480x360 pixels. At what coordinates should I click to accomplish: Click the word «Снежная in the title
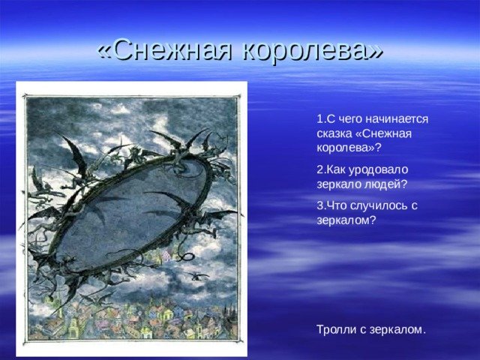click(x=165, y=50)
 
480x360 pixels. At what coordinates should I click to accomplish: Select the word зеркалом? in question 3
click(x=346, y=220)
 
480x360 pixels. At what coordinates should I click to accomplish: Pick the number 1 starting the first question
click(x=320, y=119)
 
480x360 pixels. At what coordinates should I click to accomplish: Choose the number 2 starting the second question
click(x=320, y=169)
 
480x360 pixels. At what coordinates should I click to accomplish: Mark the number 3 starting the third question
click(x=320, y=205)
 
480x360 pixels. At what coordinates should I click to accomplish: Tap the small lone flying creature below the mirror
click(x=196, y=276)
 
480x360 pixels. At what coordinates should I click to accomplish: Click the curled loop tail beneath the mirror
click(x=186, y=256)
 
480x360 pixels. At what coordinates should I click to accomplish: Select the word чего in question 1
click(x=349, y=119)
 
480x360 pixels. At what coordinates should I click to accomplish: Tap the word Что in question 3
click(x=337, y=205)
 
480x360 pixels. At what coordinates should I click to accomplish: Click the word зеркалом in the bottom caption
click(x=398, y=330)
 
